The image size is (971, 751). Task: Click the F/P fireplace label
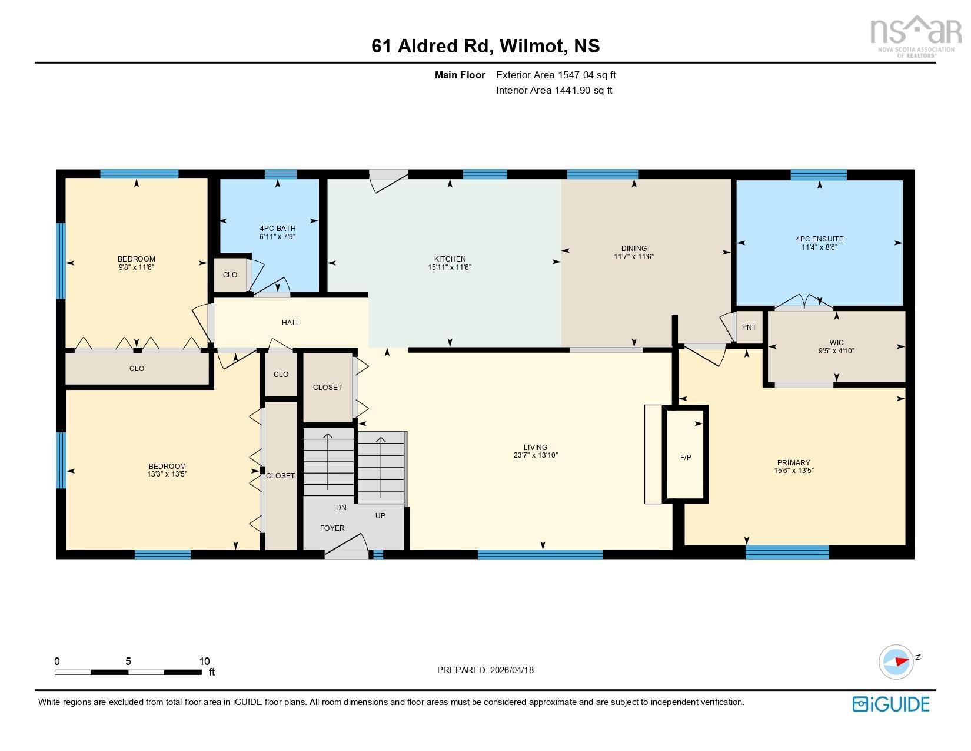(x=686, y=457)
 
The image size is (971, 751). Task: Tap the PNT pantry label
(x=749, y=327)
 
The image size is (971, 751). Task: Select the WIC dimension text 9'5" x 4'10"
(x=836, y=351)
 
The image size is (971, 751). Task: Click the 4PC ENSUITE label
(x=819, y=239)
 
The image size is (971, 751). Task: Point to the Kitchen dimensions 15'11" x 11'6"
(x=450, y=267)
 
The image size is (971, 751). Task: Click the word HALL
(x=291, y=323)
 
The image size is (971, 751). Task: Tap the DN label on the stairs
(x=341, y=508)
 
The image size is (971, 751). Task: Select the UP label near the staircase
(x=380, y=516)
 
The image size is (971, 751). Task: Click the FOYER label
(x=332, y=528)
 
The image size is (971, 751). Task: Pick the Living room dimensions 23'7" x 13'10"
(x=535, y=455)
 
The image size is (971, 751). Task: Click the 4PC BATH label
(x=277, y=228)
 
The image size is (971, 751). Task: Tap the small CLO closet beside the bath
(x=230, y=275)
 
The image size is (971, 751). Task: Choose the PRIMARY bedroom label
(x=793, y=462)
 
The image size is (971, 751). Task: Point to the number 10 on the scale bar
(x=204, y=661)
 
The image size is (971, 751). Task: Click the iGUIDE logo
(x=891, y=704)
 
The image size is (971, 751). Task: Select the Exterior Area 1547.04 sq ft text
(x=556, y=75)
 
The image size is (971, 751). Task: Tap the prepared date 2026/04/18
(x=511, y=670)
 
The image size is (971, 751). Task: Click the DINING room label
(x=633, y=248)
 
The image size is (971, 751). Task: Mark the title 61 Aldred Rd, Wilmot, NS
(x=485, y=46)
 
